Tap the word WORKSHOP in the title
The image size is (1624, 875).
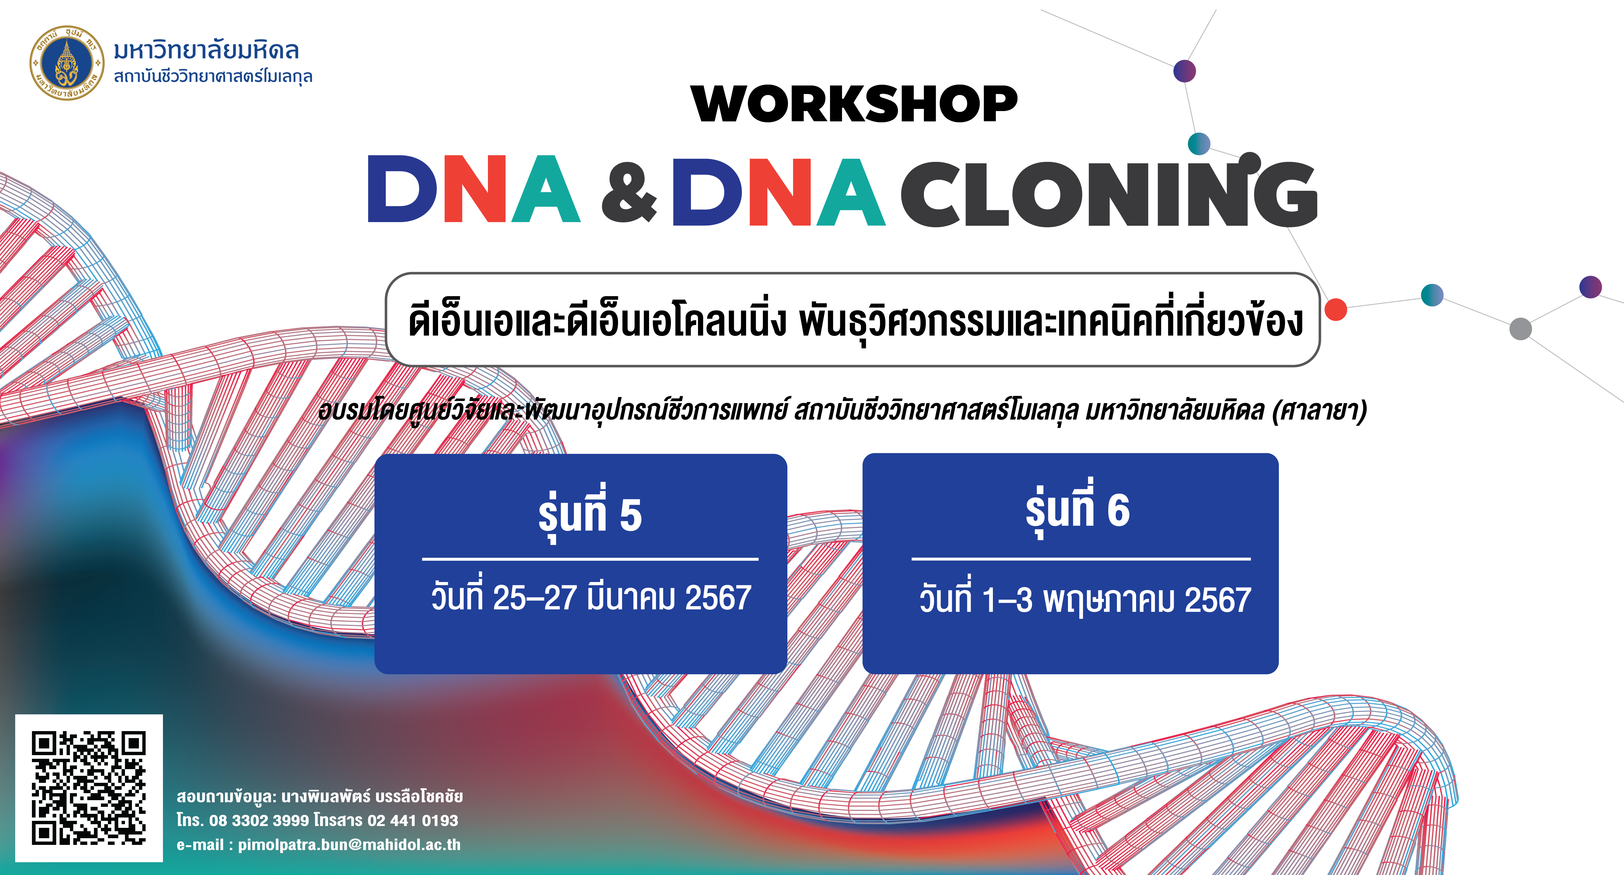pyautogui.click(x=854, y=104)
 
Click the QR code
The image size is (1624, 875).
pyautogui.click(x=89, y=788)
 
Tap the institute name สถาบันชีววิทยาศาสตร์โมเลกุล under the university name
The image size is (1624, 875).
pyautogui.click(x=213, y=76)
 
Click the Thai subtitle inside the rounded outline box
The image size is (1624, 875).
pyautogui.click(x=855, y=320)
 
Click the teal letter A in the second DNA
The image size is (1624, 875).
pyautogui.click(x=850, y=192)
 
